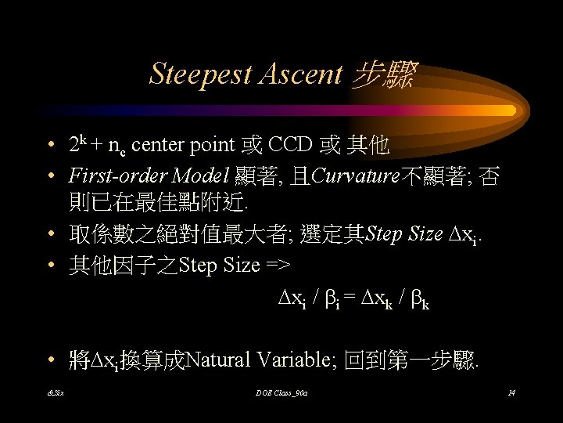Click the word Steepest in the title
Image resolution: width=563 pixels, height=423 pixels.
coord(199,74)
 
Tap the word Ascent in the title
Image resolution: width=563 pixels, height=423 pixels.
coord(301,74)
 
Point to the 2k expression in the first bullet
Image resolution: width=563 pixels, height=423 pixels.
coord(77,144)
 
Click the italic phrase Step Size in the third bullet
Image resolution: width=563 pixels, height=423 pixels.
coord(404,235)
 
